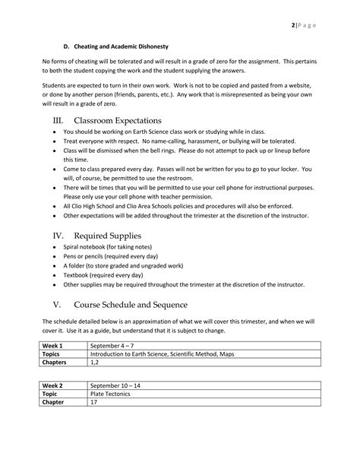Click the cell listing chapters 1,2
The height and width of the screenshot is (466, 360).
[95, 363]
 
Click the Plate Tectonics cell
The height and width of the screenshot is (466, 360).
[111, 395]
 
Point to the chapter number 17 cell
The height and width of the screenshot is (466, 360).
[94, 404]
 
